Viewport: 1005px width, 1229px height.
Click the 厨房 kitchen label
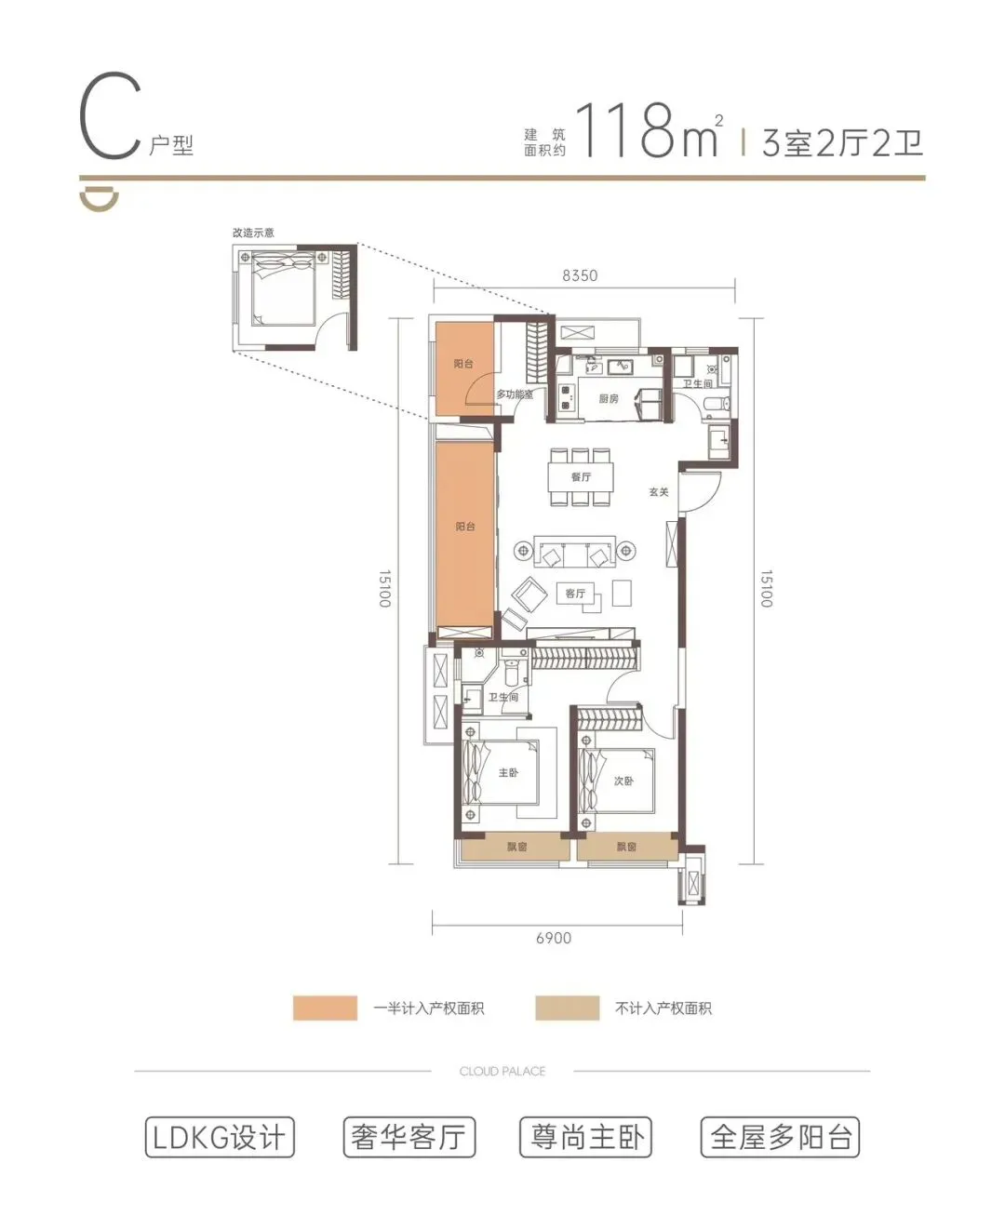point(608,398)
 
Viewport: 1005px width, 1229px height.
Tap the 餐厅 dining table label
point(581,476)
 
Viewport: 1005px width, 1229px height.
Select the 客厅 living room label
point(575,594)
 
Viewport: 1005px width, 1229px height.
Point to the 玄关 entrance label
point(658,492)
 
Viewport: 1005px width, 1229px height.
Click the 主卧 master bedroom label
point(508,773)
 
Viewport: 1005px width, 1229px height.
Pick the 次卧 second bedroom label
point(623,781)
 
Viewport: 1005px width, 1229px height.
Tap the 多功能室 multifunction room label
point(515,394)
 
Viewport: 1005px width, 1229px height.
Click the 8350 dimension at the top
point(580,275)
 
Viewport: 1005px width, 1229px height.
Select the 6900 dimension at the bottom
point(554,938)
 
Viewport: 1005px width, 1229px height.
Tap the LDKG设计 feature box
point(220,1137)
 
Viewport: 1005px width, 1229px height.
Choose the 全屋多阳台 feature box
point(780,1137)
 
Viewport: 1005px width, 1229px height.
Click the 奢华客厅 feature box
point(409,1137)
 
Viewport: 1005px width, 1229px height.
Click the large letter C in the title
point(111,115)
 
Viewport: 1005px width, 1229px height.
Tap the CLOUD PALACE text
point(502,1071)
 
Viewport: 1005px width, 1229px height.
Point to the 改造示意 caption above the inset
point(253,233)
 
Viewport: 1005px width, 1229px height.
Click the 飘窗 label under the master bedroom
point(516,846)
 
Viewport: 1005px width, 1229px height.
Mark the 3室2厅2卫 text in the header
point(842,143)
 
